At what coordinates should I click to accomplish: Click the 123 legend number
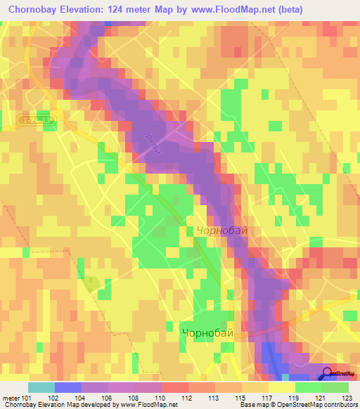coord(347,397)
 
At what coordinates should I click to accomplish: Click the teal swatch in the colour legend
coord(41,387)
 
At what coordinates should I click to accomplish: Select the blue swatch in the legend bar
coord(68,387)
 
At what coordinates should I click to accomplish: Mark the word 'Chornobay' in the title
coord(34,9)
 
